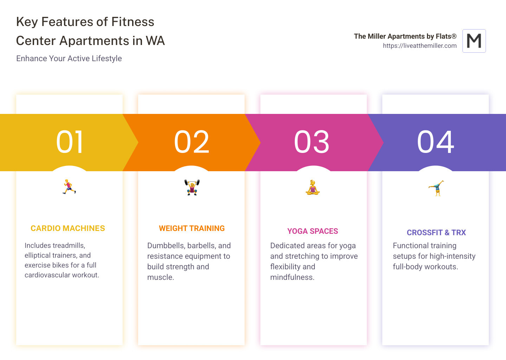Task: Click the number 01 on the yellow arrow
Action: pos(70,142)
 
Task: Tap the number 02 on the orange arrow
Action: pos(192,142)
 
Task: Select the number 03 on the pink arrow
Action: pos(312,142)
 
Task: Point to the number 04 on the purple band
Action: pos(436,142)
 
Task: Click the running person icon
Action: pos(69,187)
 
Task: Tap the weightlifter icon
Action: pos(192,187)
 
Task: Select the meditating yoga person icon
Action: pos(312,187)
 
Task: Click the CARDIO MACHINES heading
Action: pos(68,229)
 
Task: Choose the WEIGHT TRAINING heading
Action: pos(192,229)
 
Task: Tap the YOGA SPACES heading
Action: pos(313,231)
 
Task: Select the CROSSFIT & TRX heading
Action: pos(436,233)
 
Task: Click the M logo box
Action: pos(474,41)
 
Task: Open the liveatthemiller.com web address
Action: pos(420,46)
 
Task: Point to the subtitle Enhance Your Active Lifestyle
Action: pos(69,58)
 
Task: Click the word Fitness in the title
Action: pos(133,22)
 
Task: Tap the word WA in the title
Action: pos(155,41)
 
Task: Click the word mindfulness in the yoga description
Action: pos(292,277)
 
